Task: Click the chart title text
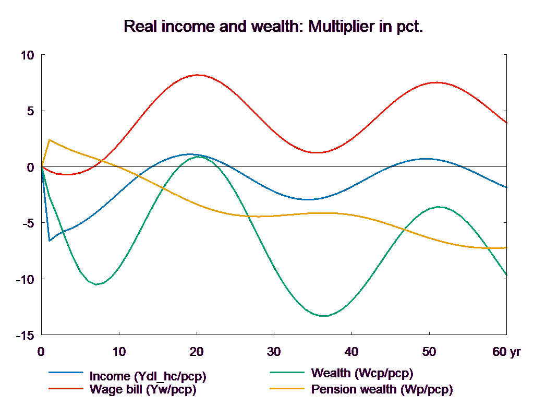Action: (273, 27)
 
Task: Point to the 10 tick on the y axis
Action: (27, 55)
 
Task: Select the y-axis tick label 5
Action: (30, 111)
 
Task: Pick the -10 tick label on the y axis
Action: (25, 279)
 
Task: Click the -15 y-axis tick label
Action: (25, 335)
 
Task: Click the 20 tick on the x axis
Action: (197, 352)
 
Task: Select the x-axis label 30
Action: (274, 352)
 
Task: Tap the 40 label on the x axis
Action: (351, 352)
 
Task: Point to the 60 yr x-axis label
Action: (506, 352)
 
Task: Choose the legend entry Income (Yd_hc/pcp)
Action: (148, 376)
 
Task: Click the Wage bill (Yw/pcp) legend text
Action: (143, 389)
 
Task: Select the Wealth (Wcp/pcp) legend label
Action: (362, 373)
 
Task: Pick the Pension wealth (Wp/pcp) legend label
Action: (382, 389)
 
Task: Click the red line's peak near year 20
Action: (198, 75)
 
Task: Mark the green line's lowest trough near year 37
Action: (324, 316)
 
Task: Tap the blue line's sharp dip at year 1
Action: (49, 241)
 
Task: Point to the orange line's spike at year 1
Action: (49, 140)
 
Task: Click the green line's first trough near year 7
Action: (96, 284)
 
